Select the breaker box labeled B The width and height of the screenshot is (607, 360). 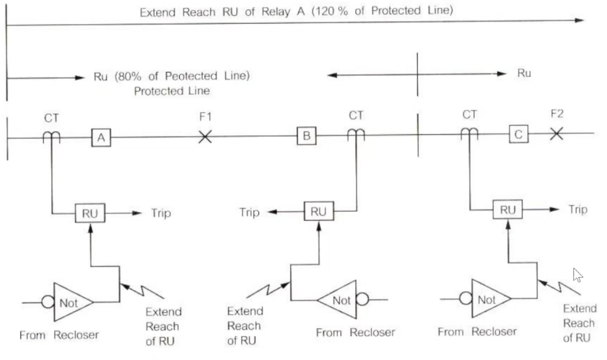pyautogui.click(x=307, y=136)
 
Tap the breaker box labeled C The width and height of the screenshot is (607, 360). pyautogui.click(x=518, y=135)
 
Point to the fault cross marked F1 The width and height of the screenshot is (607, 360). pyautogui.click(x=205, y=137)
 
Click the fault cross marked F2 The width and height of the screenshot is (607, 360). pyautogui.click(x=556, y=134)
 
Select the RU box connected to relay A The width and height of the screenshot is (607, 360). pyautogui.click(x=90, y=214)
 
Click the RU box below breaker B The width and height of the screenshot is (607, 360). pyautogui.click(x=318, y=211)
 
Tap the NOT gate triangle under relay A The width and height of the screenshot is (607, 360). pyautogui.click(x=71, y=302)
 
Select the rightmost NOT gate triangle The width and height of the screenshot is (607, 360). pyautogui.click(x=489, y=299)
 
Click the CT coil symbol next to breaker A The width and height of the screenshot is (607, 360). pyautogui.click(x=51, y=137)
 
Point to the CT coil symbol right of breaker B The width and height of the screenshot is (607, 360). pyautogui.click(x=356, y=135)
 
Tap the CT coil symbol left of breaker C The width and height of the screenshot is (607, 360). pyautogui.click(x=470, y=134)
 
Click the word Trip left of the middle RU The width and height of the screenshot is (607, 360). pyautogui.click(x=249, y=212)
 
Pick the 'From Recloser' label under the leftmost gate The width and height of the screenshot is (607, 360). pyautogui.click(x=59, y=335)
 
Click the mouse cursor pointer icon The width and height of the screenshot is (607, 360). pyautogui.click(x=578, y=275)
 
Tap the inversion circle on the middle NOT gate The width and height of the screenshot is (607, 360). pyautogui.click(x=362, y=299)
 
